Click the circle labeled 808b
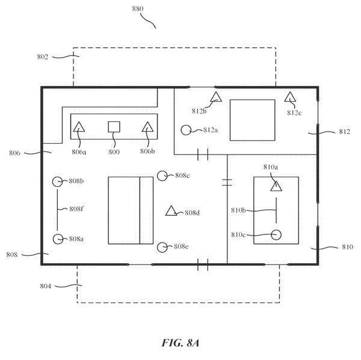point(57,182)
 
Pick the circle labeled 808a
point(58,239)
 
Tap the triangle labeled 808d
point(171,211)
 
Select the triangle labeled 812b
point(216,97)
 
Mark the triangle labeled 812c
point(290,97)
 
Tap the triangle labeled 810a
point(276,186)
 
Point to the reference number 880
point(138,9)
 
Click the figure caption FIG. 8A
point(180,343)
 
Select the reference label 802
point(43,57)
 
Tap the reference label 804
point(46,286)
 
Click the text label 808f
point(76,209)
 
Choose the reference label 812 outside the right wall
point(345,132)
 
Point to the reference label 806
point(14,153)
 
